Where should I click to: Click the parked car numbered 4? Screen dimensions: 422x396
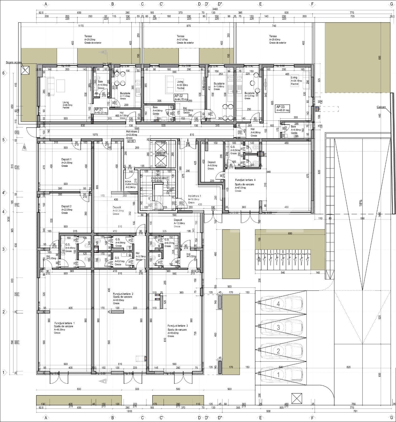click(281, 304)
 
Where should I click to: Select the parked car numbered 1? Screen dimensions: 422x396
click(281, 374)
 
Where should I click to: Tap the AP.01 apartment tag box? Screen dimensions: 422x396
click(101, 111)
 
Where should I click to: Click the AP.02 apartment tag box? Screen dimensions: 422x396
click(181, 98)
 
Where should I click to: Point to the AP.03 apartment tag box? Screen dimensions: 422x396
click(283, 108)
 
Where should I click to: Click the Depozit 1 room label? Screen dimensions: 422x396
click(66, 160)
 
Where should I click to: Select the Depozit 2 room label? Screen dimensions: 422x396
click(66, 206)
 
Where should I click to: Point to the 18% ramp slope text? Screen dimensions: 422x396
click(361, 203)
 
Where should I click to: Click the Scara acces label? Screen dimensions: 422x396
click(14, 63)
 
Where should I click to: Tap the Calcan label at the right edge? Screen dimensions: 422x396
click(381, 107)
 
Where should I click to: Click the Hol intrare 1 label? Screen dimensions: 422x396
click(195, 196)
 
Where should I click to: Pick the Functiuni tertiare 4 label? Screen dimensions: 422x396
click(245, 180)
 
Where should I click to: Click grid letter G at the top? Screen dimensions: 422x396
click(391, 4)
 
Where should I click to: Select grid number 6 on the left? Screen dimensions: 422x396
click(3, 73)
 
